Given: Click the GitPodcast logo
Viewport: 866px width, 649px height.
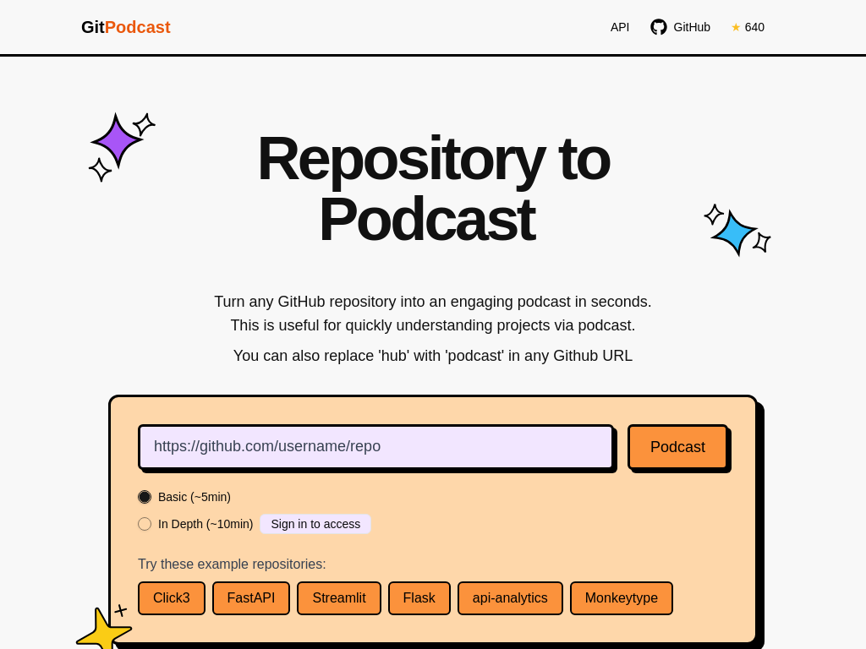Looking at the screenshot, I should pos(125,27).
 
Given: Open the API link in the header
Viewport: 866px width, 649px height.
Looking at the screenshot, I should pos(620,27).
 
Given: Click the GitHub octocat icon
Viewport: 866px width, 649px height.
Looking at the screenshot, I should pos(659,27).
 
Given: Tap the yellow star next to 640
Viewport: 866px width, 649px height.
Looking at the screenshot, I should pos(736,27).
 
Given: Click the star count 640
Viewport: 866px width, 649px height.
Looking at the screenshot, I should pos(754,27).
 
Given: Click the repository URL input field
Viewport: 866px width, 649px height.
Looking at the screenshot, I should pos(375,447).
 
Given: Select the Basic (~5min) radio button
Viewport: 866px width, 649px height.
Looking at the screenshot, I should pos(145,497).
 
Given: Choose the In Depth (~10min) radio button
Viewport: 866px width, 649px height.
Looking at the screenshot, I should pos(145,524).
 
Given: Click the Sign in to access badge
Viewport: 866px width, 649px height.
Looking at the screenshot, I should pos(315,524).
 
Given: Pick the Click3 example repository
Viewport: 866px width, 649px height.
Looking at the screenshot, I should pos(172,598).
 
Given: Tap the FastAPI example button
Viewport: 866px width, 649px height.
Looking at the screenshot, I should pos(251,598).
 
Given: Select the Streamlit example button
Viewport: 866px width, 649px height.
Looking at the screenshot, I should pos(339,598).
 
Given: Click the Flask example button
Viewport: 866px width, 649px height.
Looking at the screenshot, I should pos(419,598).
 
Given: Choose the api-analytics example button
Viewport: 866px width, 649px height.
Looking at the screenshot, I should pos(510,598).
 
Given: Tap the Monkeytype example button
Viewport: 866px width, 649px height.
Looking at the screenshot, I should pos(622,598).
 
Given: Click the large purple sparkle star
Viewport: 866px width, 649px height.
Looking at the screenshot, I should pos(117,140).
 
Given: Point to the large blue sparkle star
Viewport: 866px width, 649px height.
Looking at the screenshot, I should pos(734,232).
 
